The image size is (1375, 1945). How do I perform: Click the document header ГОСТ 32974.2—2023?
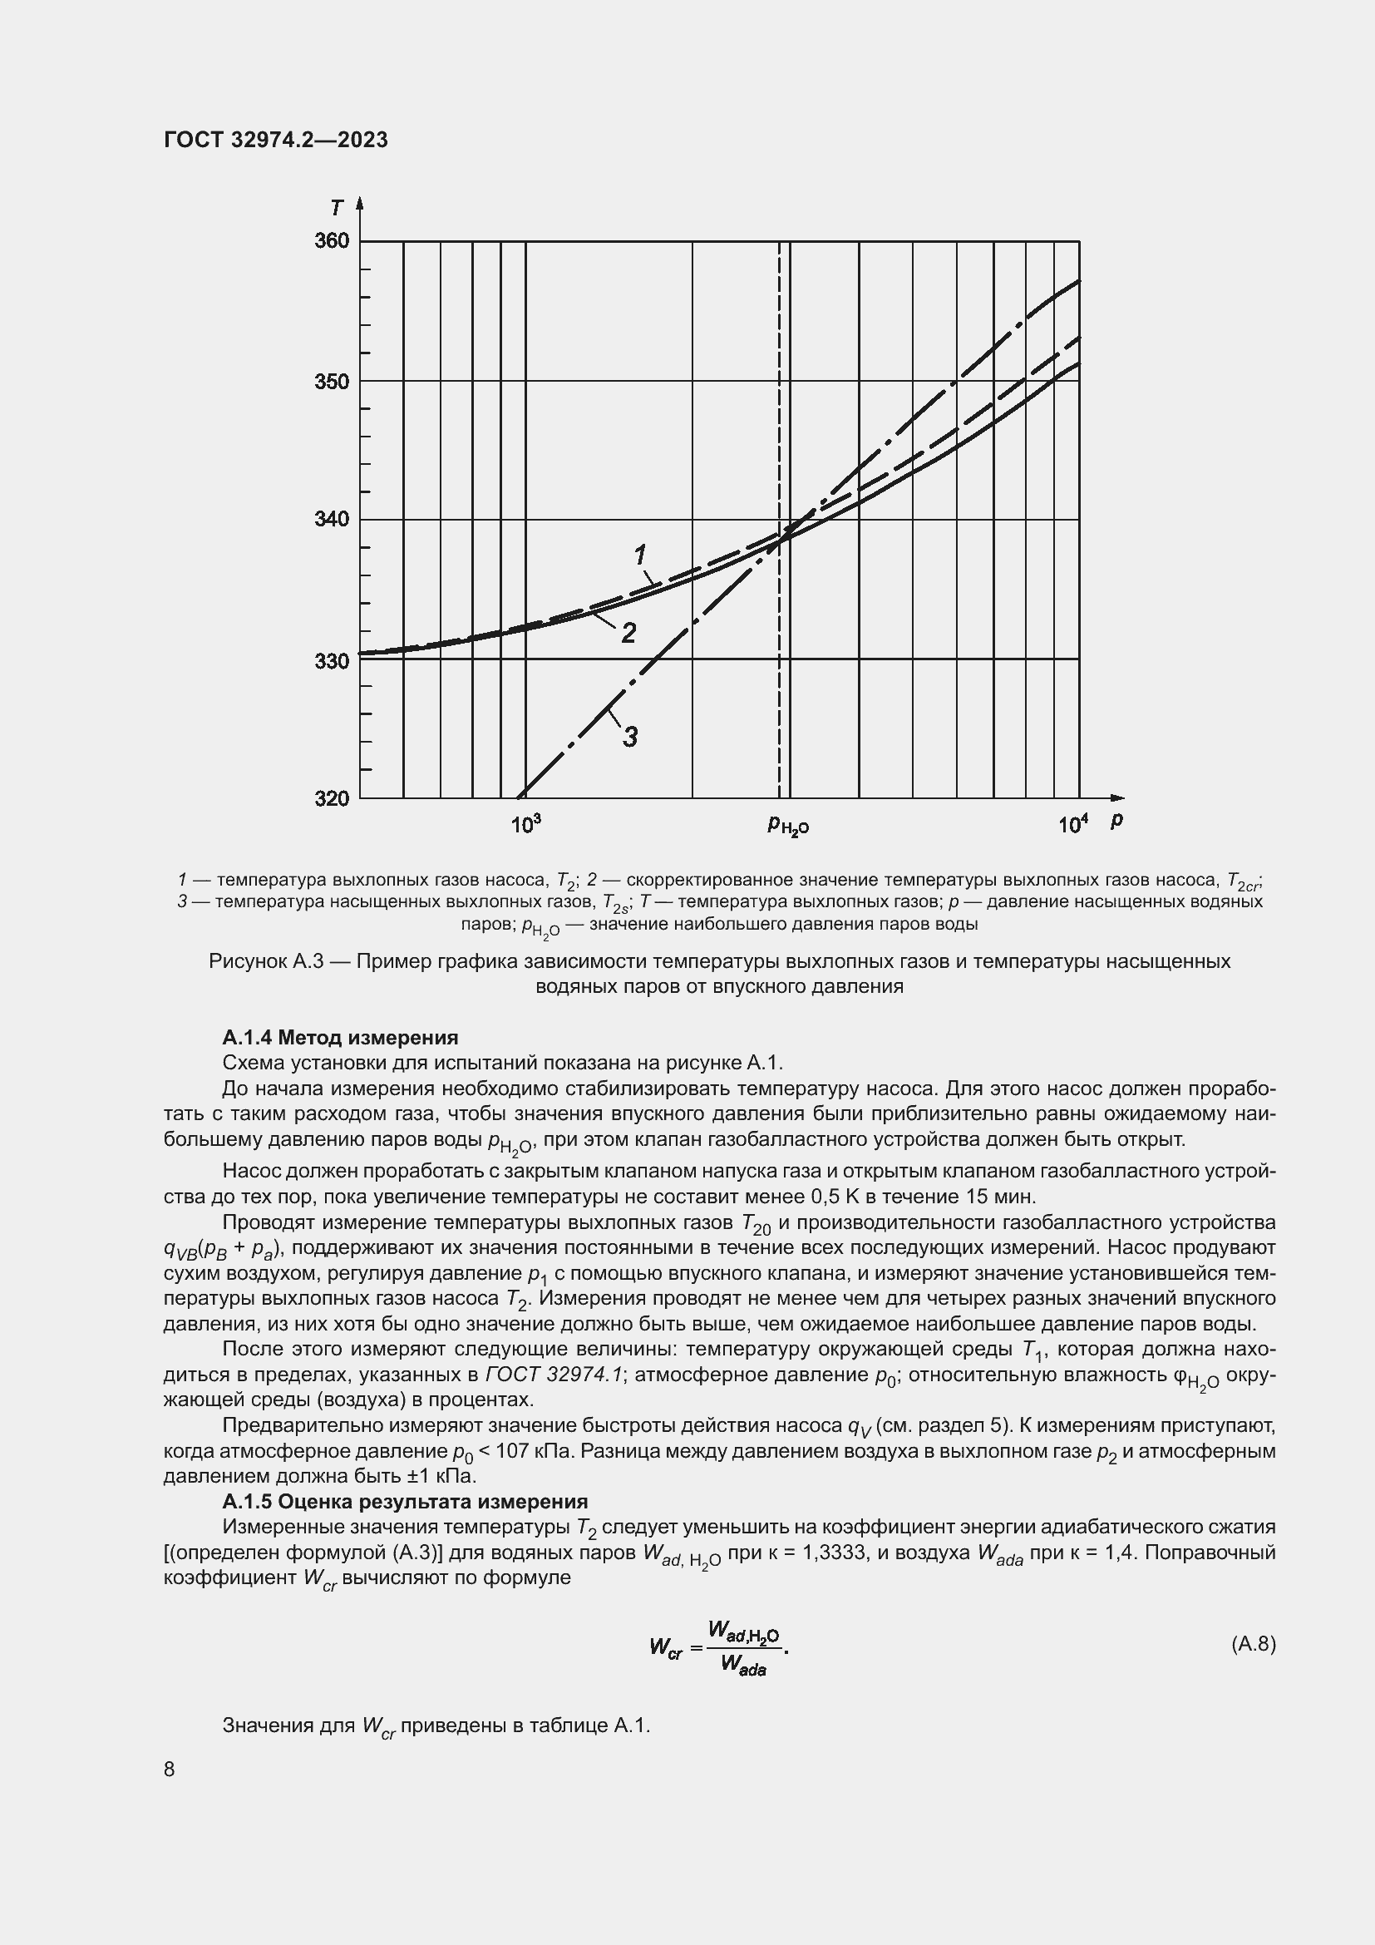pyautogui.click(x=276, y=140)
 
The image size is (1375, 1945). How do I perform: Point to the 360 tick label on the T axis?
pyautogui.click(x=331, y=241)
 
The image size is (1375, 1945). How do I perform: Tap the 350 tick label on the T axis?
pyautogui.click(x=331, y=381)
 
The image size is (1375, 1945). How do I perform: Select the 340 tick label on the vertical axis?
pyautogui.click(x=331, y=519)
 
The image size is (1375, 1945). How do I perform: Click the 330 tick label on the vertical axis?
pyautogui.click(x=331, y=660)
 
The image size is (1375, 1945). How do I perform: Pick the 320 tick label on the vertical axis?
pyautogui.click(x=331, y=799)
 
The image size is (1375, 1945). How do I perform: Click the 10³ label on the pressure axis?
pyautogui.click(x=525, y=823)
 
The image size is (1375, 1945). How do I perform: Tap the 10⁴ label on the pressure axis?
pyautogui.click(x=1072, y=823)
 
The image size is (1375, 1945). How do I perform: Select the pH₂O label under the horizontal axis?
pyautogui.click(x=787, y=825)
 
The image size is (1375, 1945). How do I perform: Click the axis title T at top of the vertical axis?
pyautogui.click(x=338, y=208)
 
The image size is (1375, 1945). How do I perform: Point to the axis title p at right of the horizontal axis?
pyautogui.click(x=1116, y=819)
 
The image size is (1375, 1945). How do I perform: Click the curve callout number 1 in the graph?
pyautogui.click(x=640, y=555)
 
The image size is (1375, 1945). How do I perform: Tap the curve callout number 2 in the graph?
pyautogui.click(x=628, y=633)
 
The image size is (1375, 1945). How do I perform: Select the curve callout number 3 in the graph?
pyautogui.click(x=630, y=737)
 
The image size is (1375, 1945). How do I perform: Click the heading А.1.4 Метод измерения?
pyautogui.click(x=339, y=1038)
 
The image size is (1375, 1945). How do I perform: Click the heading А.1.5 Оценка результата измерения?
pyautogui.click(x=405, y=1502)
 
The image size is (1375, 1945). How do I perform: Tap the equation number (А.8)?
pyautogui.click(x=1252, y=1644)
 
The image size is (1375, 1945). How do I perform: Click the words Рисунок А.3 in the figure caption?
pyautogui.click(x=267, y=962)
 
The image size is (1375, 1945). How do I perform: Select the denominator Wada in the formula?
pyautogui.click(x=742, y=1665)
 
